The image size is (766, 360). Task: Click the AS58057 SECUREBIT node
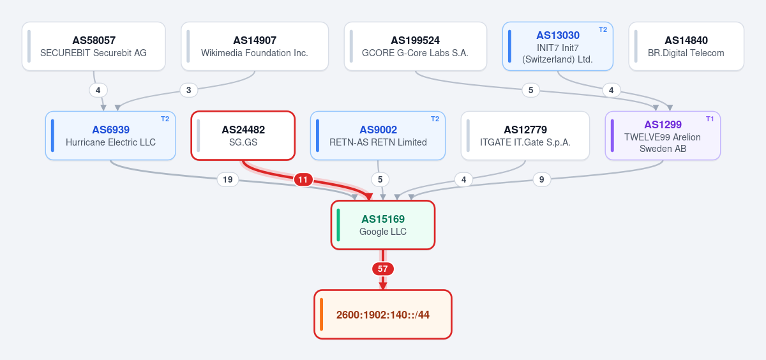(x=94, y=47)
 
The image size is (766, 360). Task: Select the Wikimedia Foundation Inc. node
(x=255, y=47)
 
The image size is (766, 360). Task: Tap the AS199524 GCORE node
(x=416, y=47)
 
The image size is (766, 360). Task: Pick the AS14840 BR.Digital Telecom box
(x=686, y=47)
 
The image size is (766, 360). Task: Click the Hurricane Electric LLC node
(x=110, y=136)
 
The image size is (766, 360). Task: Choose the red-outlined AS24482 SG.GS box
(x=243, y=136)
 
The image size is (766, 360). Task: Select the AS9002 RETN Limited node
(x=378, y=136)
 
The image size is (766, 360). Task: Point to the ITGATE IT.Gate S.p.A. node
(x=525, y=136)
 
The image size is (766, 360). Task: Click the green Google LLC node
(x=383, y=225)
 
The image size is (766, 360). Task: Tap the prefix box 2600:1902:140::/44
(x=383, y=315)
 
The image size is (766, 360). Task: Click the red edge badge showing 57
(x=383, y=269)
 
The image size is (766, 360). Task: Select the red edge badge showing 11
(x=303, y=179)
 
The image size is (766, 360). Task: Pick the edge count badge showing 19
(x=228, y=179)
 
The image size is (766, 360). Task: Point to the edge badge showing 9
(x=542, y=179)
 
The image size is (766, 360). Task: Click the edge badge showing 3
(x=189, y=90)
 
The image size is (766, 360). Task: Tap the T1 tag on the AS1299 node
(x=710, y=119)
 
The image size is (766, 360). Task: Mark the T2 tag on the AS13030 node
(x=603, y=30)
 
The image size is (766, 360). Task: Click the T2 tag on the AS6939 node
(x=165, y=119)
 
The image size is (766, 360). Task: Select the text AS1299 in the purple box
(x=663, y=124)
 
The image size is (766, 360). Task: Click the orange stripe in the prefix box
(x=322, y=315)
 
